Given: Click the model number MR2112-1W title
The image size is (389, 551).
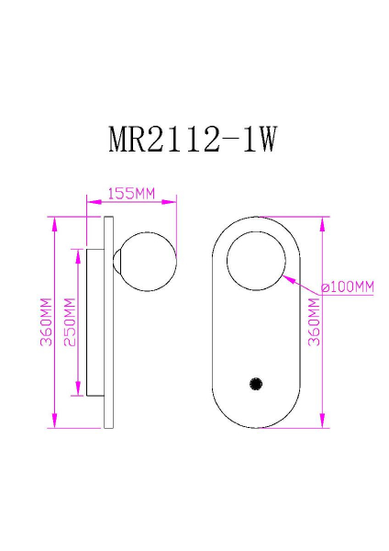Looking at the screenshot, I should tap(193, 140).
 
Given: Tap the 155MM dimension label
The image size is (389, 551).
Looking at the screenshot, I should tap(130, 194).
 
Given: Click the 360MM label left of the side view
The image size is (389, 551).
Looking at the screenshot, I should tap(45, 321).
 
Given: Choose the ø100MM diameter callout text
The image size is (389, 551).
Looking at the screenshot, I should tap(348, 287).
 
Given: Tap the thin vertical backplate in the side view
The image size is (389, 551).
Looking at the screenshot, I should tap(108, 321).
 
